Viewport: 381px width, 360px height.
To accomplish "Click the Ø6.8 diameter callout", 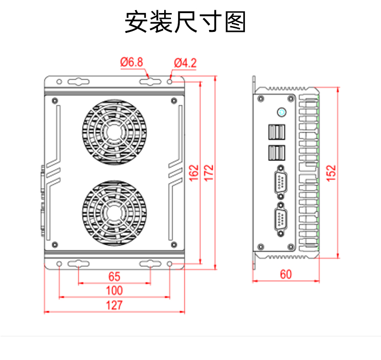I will pyautogui.click(x=131, y=62).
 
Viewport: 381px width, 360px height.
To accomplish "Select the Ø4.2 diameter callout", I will pyautogui.click(x=185, y=62).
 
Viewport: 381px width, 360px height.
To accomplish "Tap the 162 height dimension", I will pyautogui.click(x=194, y=173).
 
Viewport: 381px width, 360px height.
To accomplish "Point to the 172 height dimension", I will pyautogui.click(x=209, y=173).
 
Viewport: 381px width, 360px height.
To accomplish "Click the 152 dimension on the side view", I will pyautogui.click(x=331, y=173).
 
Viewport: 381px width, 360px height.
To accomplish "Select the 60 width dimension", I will pyautogui.click(x=286, y=274).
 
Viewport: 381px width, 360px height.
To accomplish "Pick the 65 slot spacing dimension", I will pyautogui.click(x=114, y=277).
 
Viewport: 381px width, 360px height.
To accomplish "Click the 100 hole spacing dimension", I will pyautogui.click(x=114, y=291).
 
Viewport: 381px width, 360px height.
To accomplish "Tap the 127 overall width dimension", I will pyautogui.click(x=114, y=305).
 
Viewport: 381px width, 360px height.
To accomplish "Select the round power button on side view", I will pyautogui.click(x=281, y=112).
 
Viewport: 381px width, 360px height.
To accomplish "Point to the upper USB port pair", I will pyautogui.click(x=276, y=133).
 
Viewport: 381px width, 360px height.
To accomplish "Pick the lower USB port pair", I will pyautogui.click(x=276, y=152).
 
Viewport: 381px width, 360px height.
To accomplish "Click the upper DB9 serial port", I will pyautogui.click(x=280, y=182).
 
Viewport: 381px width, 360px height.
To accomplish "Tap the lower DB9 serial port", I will pyautogui.click(x=280, y=222).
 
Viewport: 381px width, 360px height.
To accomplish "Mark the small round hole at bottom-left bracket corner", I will pyautogui.click(x=59, y=264).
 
